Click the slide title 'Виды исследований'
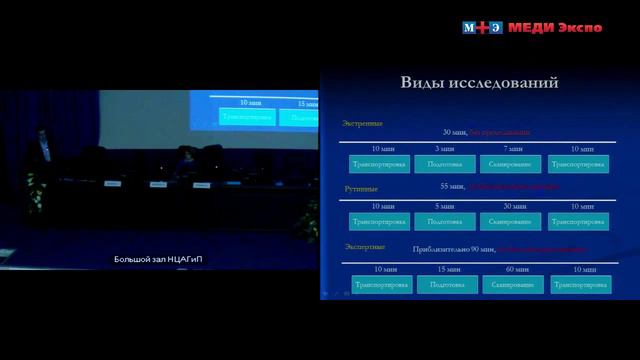479,83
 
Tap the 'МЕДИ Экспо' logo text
555,27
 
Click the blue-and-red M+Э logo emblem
483,27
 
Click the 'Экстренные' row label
362,123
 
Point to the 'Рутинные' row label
360,187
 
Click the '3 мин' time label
444,149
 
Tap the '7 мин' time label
510,149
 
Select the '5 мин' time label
444,206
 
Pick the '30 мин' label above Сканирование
510,206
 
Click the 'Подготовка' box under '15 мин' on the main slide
447,285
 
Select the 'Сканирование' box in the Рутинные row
510,221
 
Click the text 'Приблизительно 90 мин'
453,249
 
